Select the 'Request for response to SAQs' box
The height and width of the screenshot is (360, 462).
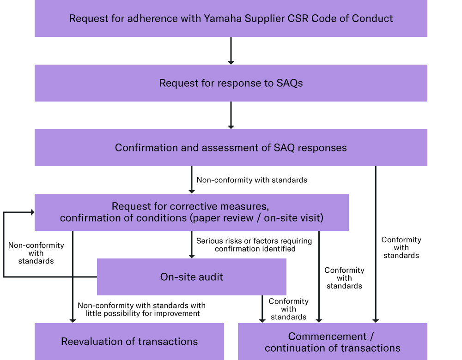[x=231, y=83]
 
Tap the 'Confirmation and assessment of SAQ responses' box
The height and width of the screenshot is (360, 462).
[x=231, y=148]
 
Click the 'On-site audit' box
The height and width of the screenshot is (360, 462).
[x=191, y=277]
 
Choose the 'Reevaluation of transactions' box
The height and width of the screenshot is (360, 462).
[x=129, y=342]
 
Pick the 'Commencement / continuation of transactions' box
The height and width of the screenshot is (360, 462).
[x=333, y=342]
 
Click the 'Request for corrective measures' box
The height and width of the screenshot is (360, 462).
[x=191, y=212]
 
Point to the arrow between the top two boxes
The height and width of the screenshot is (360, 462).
[x=231, y=50]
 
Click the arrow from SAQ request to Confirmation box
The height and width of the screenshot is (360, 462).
[x=231, y=115]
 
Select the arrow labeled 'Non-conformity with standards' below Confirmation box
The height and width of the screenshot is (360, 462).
[x=191, y=180]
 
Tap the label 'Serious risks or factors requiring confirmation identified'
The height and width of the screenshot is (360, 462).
[x=254, y=245]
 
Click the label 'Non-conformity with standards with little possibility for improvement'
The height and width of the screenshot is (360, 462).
[x=142, y=309]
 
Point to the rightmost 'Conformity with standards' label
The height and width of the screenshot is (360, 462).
[x=401, y=247]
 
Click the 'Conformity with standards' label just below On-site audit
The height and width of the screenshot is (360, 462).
[x=288, y=309]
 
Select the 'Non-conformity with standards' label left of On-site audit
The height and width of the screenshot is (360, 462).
[x=36, y=253]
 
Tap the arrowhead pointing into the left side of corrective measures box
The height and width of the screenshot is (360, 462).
[x=32, y=212]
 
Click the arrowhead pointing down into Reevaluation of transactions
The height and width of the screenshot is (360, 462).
[x=73, y=320]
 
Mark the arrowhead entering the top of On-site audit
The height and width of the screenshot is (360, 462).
[x=191, y=255]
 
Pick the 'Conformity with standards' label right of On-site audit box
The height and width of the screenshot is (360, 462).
[x=344, y=278]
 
